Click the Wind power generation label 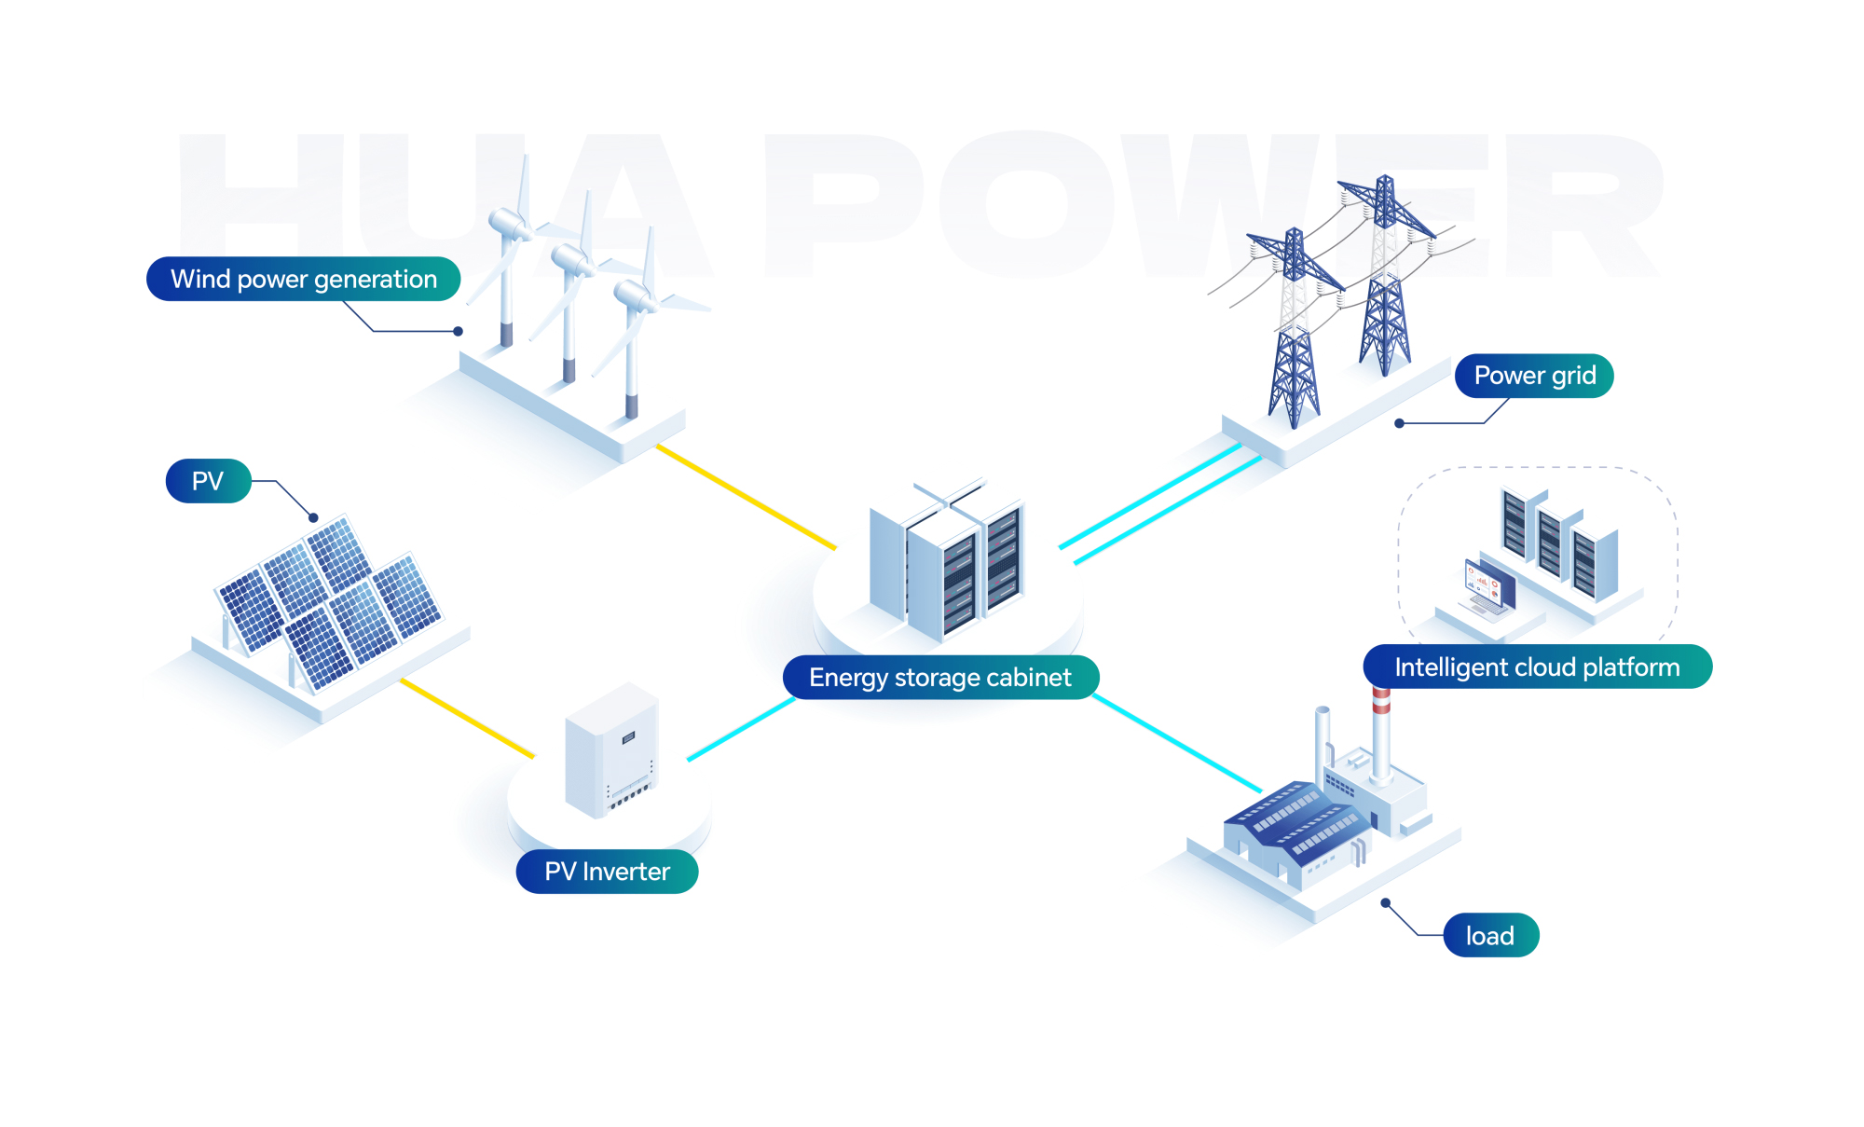[x=303, y=279]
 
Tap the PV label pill [x=208, y=481]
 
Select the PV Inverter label [x=607, y=872]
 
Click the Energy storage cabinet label [x=940, y=678]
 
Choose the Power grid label [x=1534, y=376]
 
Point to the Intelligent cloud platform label [x=1537, y=667]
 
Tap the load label [x=1490, y=936]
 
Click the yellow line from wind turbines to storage [x=746, y=497]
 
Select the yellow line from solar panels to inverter [x=466, y=718]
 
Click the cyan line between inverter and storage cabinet [x=741, y=730]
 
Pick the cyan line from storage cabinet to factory [x=1176, y=743]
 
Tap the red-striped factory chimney [x=1381, y=736]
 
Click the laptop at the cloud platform [x=1489, y=587]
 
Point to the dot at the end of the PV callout [x=314, y=517]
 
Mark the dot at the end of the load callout [x=1386, y=902]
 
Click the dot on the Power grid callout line [x=1399, y=423]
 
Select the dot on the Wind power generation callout [x=458, y=331]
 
